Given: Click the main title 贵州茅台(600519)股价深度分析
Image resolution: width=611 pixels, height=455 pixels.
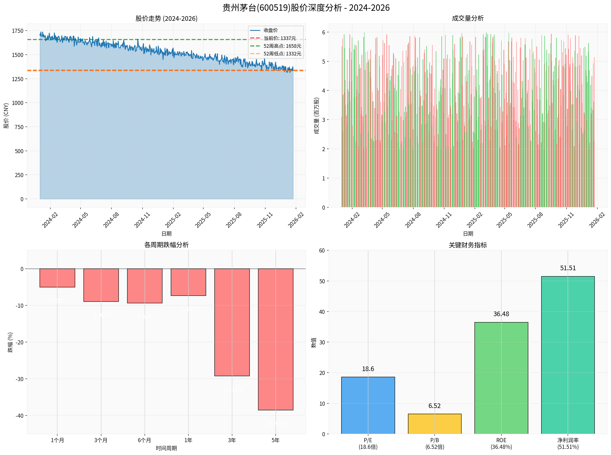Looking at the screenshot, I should (x=306, y=8).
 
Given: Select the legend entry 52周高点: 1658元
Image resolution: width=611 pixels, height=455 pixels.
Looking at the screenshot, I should (x=282, y=46).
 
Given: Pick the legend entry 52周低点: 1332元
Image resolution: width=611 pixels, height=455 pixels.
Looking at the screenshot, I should (x=282, y=54).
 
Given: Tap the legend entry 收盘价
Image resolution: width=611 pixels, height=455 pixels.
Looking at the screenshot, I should (x=271, y=30).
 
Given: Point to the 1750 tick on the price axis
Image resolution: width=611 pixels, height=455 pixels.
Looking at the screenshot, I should (x=18, y=31).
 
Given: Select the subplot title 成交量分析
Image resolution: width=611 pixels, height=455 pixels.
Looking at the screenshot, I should (x=468, y=18).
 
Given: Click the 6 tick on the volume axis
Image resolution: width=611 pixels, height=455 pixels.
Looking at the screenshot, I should (x=324, y=32).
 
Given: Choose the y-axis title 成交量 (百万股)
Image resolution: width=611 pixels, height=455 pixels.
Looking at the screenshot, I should (x=317, y=116).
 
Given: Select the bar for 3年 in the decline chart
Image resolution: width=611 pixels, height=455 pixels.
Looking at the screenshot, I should (x=232, y=322).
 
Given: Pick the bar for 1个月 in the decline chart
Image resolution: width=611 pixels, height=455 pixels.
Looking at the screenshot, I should (x=57, y=278).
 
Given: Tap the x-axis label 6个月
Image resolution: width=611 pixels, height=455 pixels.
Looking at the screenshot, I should (x=145, y=440).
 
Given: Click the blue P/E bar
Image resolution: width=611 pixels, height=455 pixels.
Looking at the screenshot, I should (x=368, y=405).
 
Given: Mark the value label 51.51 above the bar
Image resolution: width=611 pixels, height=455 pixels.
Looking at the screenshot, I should (x=568, y=268).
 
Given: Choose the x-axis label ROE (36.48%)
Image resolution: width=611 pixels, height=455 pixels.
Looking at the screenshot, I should (x=501, y=443).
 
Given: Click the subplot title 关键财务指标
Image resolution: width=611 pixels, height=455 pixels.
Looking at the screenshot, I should (x=468, y=245).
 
